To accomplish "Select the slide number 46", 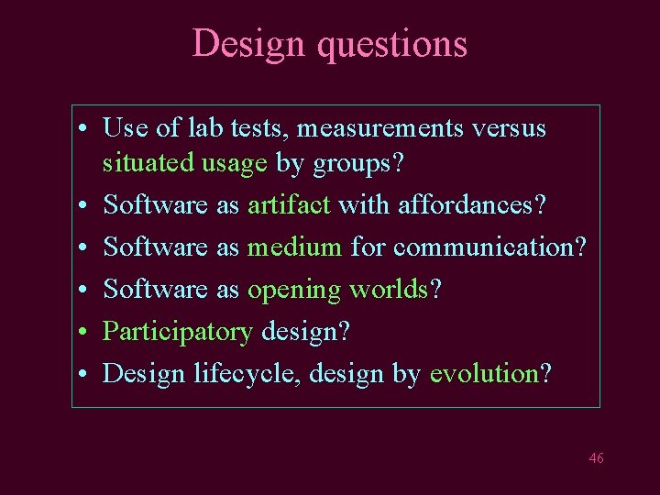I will pos(596,458).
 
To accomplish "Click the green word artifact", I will pos(289,205).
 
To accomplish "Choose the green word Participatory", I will pos(178,332).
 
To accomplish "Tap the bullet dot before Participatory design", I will pos(83,332).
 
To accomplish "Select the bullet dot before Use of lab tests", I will pos(83,128).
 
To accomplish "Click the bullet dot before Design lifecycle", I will pos(83,374).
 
